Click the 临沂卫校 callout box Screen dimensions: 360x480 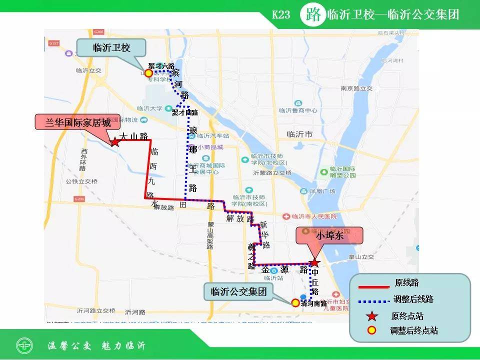(111, 47)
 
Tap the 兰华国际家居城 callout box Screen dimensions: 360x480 (78, 122)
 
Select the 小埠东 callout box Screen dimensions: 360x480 (329, 236)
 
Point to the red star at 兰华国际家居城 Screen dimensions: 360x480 (114, 142)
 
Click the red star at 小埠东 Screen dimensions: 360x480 (314, 263)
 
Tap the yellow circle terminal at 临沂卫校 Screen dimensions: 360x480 (148, 73)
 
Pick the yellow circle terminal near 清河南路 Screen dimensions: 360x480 (295, 302)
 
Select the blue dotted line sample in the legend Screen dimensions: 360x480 (373, 301)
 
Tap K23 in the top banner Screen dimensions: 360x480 (281, 14)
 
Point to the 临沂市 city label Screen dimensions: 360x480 (299, 134)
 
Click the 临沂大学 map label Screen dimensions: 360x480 (149, 107)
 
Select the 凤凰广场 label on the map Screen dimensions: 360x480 (322, 191)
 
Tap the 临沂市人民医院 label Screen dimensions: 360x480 (311, 216)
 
